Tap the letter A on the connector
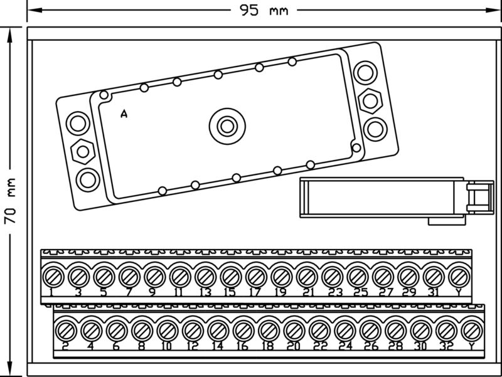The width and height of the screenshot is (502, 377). tap(124, 114)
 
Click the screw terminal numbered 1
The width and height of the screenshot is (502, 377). tap(52, 276)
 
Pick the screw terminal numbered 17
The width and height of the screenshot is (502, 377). tap(255, 276)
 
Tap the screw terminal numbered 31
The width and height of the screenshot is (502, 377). tap(434, 276)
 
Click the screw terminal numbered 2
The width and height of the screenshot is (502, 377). tap(65, 329)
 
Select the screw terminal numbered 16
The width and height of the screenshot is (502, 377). tap(243, 329)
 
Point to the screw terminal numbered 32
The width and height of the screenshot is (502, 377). tap(446, 329)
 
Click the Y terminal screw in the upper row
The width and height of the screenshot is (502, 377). tap(459, 276)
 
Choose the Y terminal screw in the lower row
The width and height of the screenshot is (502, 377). tap(472, 329)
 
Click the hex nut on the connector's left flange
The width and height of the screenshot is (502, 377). tap(83, 151)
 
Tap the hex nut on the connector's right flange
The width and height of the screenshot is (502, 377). tap(370, 100)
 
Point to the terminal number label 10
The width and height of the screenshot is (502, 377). tap(166, 346)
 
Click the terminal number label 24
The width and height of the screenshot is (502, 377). tap(345, 346)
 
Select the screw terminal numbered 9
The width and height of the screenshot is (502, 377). tap(154, 276)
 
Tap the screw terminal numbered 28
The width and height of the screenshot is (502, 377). tap(395, 329)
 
